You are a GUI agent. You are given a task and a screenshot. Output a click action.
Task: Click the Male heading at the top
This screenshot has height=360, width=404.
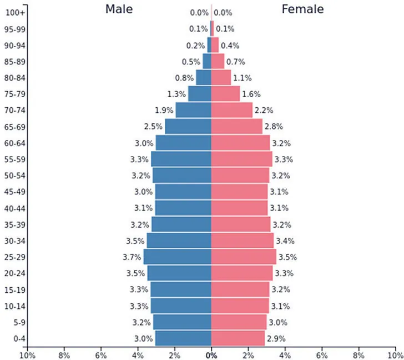pos(119,9)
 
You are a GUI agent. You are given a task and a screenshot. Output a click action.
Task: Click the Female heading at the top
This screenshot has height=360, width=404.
pos(302,9)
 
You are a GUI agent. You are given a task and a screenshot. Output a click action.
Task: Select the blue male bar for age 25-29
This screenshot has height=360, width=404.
pos(177,257)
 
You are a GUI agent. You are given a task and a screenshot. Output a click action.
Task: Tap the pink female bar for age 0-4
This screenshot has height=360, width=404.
pos(238,338)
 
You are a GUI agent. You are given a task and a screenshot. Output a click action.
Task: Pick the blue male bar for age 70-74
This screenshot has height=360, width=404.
pos(193,110)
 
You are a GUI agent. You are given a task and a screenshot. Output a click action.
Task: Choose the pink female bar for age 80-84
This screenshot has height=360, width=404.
pos(221,78)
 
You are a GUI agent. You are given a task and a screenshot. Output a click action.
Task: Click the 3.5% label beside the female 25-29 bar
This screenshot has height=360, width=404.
pos(287,257)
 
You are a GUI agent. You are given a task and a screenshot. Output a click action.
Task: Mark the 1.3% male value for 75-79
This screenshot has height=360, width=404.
pos(176,94)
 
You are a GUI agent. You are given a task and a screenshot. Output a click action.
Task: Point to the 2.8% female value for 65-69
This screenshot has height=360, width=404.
pos(274,127)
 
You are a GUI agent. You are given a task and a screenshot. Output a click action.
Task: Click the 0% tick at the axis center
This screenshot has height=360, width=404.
pos(211,354)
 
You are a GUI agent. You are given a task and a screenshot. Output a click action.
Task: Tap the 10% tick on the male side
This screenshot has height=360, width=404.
pos(28,354)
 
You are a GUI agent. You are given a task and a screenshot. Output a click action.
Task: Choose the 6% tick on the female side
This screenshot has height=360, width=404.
pos(321,354)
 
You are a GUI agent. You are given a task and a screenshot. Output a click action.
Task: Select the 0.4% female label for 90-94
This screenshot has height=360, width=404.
pos(230,46)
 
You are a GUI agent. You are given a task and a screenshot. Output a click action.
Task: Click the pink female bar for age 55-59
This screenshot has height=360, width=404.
pos(241,159)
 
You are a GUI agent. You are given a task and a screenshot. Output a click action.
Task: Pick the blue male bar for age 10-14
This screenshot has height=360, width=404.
pos(181,306)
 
